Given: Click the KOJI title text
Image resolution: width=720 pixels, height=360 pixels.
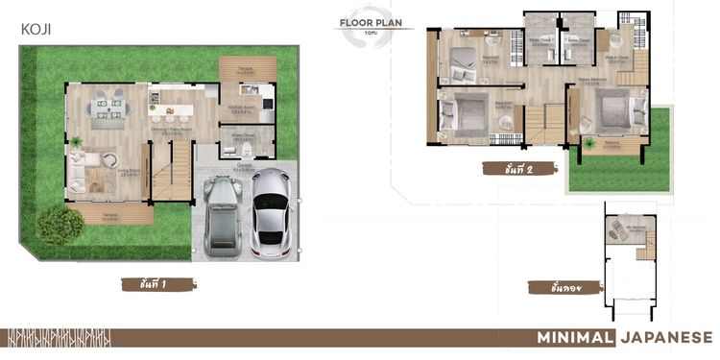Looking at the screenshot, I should tap(36, 30).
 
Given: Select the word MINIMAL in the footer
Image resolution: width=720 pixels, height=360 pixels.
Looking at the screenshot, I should tap(574, 337).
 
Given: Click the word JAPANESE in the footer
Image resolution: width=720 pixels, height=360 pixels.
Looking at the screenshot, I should tap(666, 337).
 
